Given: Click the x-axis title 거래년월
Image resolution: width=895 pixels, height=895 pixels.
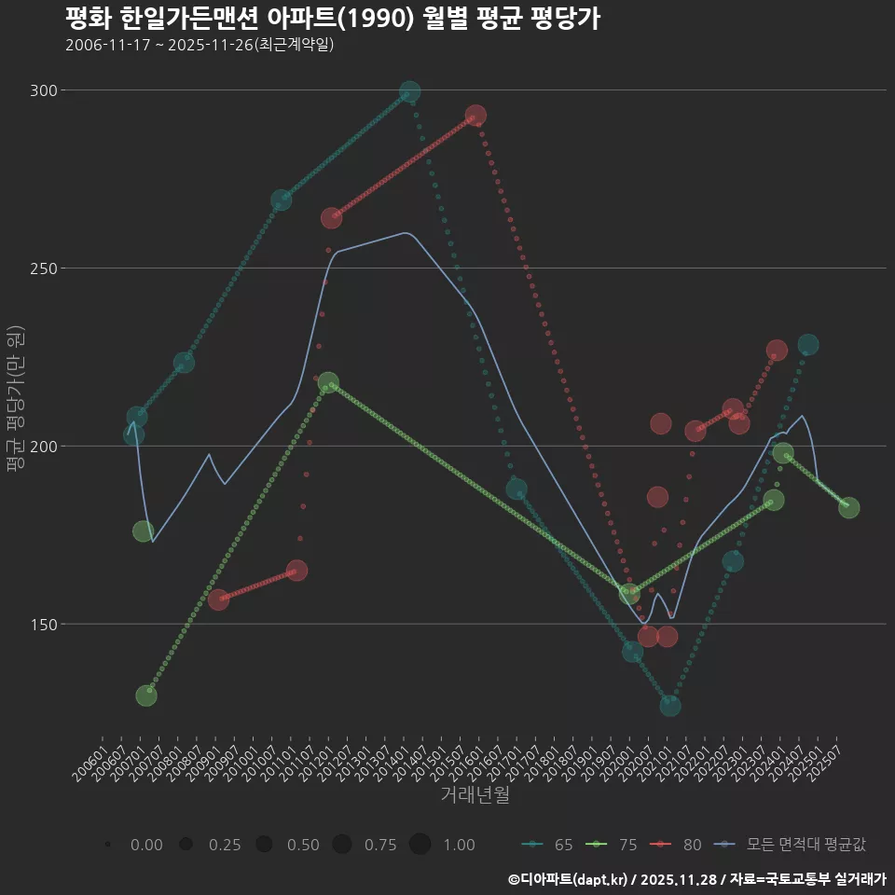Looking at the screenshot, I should (475, 795).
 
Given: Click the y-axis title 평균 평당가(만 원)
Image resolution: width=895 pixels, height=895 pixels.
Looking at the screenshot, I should (15, 401).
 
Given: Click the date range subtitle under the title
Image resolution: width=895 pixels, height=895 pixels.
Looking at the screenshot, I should (200, 45).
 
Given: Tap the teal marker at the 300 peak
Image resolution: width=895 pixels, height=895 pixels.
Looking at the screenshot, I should (409, 91).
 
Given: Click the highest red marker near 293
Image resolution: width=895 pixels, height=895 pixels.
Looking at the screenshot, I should (475, 116).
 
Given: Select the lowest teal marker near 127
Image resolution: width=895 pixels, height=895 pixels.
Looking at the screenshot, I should (670, 706).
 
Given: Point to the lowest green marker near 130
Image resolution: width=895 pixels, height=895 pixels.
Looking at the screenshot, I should (146, 695).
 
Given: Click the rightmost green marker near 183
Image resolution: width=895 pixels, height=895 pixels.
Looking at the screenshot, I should (848, 507).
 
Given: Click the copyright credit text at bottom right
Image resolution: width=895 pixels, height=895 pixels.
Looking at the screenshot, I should (697, 879).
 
